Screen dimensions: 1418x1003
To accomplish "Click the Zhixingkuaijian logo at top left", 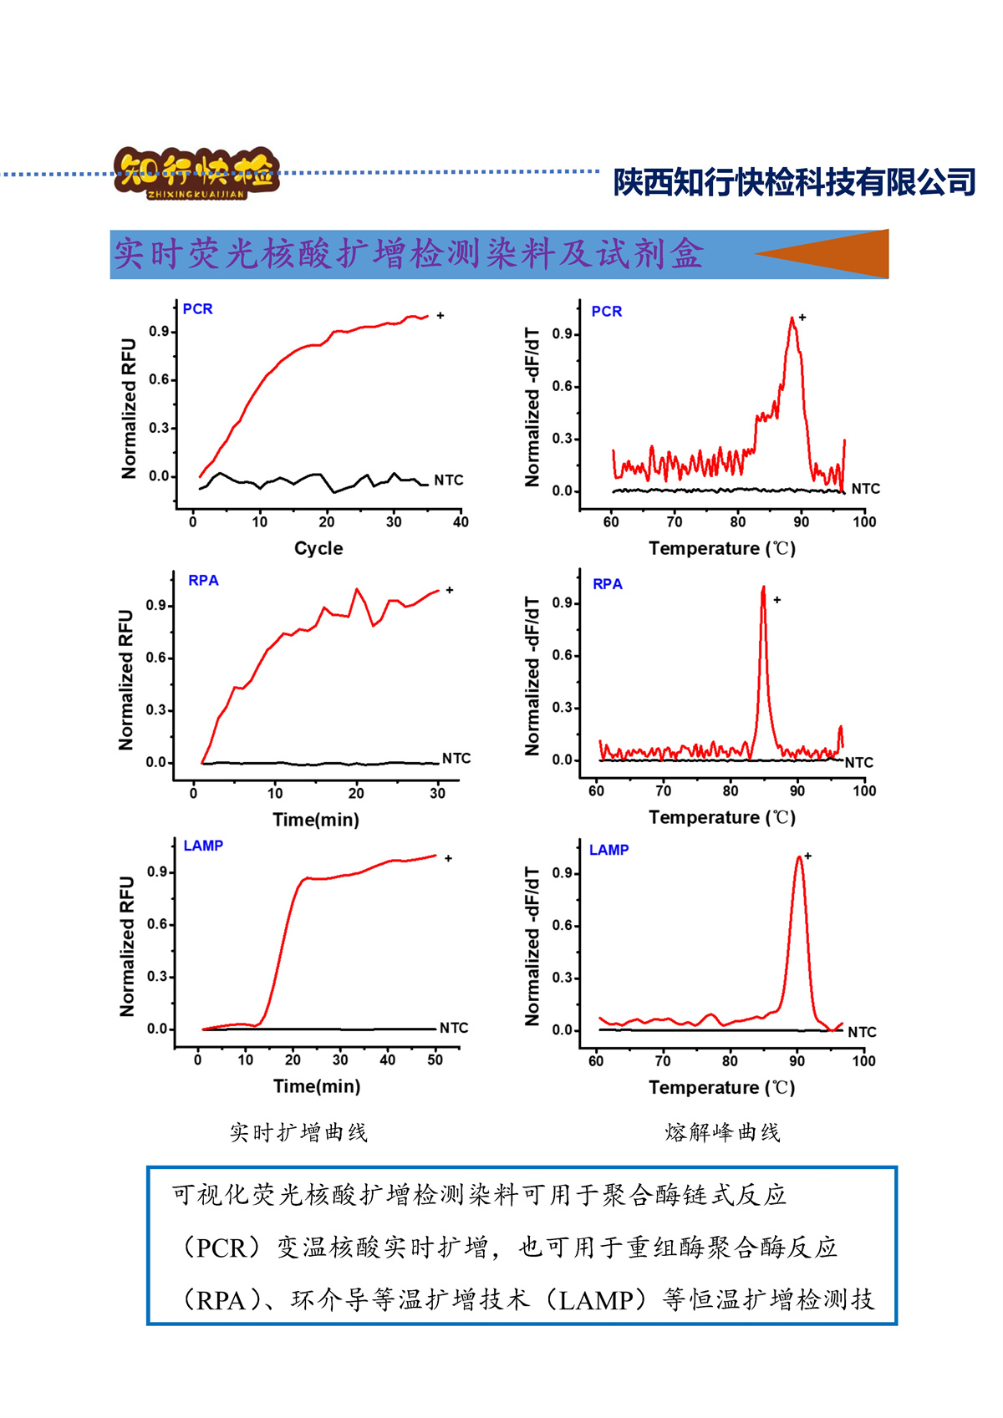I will coord(196,173).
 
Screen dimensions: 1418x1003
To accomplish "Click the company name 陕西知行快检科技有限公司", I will coord(794,182).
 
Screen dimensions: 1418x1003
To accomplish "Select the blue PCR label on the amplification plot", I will coord(198,309).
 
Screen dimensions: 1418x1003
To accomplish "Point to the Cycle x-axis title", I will coord(318,548).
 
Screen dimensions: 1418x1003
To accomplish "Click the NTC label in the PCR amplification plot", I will coord(448,480).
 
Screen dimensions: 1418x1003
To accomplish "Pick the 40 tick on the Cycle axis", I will coord(461,522).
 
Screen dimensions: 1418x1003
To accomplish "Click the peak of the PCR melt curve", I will coord(792,318).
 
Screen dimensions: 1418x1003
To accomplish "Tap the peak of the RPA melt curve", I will coord(763,588).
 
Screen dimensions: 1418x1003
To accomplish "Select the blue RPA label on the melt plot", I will coord(608,584).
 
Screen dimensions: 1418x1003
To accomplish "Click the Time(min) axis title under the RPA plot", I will coord(316,820).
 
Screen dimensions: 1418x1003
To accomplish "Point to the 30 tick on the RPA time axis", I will coord(438,794).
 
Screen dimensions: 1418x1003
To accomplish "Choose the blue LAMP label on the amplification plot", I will coord(203,846).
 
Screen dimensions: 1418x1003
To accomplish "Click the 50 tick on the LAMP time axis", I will coord(435,1060).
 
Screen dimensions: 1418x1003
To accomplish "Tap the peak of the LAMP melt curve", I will coord(799,857).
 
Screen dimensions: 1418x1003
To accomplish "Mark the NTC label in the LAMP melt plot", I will coord(862,1033).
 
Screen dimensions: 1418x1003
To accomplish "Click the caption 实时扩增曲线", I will coord(298,1133).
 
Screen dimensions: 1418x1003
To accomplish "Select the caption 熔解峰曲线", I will coord(722,1133).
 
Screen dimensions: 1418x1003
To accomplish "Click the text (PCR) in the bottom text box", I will coord(221,1248).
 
